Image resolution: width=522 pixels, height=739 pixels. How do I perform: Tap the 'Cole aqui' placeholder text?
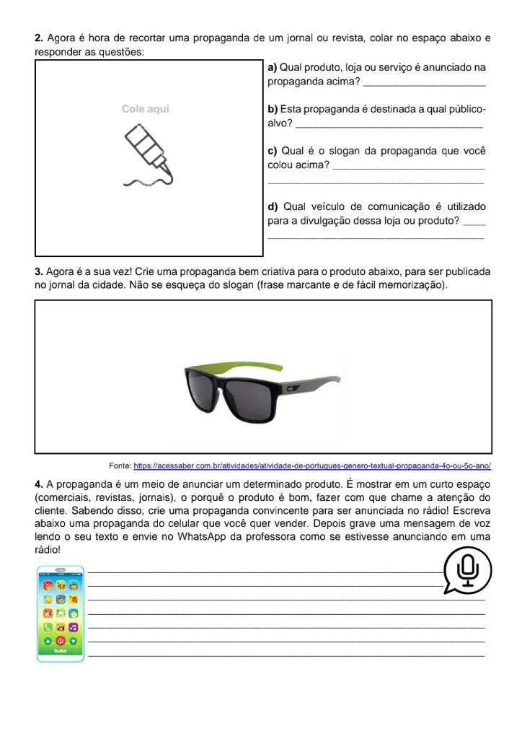(x=146, y=109)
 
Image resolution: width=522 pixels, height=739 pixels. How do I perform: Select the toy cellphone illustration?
(x=61, y=613)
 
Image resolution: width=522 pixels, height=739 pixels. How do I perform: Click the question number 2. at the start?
(x=39, y=38)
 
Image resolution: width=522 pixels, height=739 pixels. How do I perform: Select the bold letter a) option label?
(x=273, y=68)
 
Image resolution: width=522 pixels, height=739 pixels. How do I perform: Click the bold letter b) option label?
(x=273, y=110)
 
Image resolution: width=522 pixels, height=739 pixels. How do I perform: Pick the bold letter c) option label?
(x=273, y=152)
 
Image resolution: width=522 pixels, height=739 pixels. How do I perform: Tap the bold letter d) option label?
(x=273, y=207)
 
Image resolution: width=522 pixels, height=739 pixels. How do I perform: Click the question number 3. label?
(x=39, y=272)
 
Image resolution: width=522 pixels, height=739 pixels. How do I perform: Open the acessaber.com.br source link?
(x=317, y=466)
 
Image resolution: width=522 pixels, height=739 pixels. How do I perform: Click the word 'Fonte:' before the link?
(x=120, y=466)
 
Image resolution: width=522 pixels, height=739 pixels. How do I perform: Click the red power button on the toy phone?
(x=61, y=639)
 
